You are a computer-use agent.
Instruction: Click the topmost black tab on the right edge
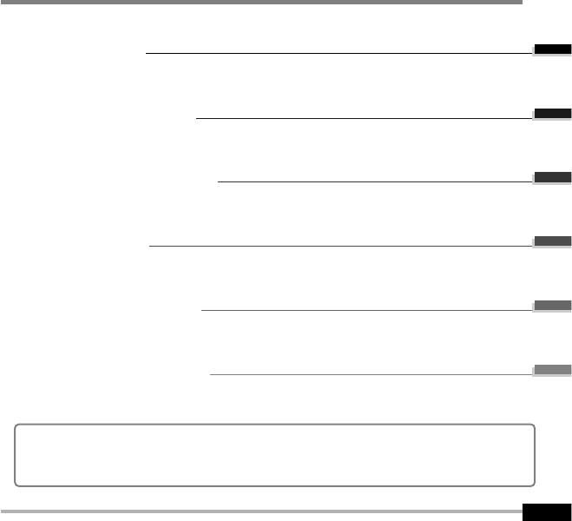(552, 49)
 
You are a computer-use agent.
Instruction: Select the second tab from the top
(552, 114)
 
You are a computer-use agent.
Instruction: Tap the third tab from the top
(552, 178)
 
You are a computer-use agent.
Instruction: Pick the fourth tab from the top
(552, 241)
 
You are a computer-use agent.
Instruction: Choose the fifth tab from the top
(552, 306)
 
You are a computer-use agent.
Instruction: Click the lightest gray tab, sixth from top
(552, 370)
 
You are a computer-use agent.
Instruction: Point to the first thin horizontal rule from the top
(339, 53)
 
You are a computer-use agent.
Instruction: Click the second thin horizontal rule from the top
(365, 118)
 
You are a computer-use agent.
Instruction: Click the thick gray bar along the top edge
(260, 3)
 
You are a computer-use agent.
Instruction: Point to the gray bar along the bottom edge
(260, 511)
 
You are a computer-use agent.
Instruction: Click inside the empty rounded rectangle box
(274, 454)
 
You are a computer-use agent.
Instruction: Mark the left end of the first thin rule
(148, 53)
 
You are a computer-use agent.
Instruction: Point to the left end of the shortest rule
(219, 182)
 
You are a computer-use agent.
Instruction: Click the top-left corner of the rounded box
(17, 426)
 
